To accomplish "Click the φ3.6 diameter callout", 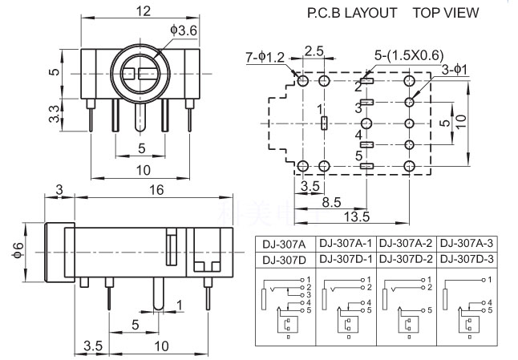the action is pyautogui.click(x=184, y=30).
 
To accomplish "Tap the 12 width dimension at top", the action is pyautogui.click(x=144, y=11).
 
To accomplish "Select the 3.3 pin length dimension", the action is pyautogui.click(x=55, y=114).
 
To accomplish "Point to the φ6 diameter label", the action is pyautogui.click(x=18, y=250).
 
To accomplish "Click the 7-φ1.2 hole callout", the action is pyautogui.click(x=265, y=58).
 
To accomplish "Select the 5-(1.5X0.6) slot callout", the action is pyautogui.click(x=409, y=55).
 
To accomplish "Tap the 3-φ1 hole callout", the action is pyautogui.click(x=455, y=70).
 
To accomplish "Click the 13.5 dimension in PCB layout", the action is pyautogui.click(x=357, y=216).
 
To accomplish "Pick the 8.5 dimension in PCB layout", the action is pyautogui.click(x=331, y=202).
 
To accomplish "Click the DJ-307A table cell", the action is pyautogui.click(x=284, y=245).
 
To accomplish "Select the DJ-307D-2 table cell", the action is pyautogui.click(x=406, y=259).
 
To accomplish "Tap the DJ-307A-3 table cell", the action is pyautogui.click(x=467, y=243).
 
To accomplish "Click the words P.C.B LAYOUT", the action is pyautogui.click(x=352, y=13).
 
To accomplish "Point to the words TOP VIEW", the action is pyautogui.click(x=446, y=13).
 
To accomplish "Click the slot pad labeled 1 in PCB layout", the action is pyautogui.click(x=325, y=123).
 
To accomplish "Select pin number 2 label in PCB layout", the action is pyautogui.click(x=358, y=87).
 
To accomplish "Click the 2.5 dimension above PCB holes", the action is pyautogui.click(x=314, y=51).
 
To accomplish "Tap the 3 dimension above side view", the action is pyautogui.click(x=59, y=190).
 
